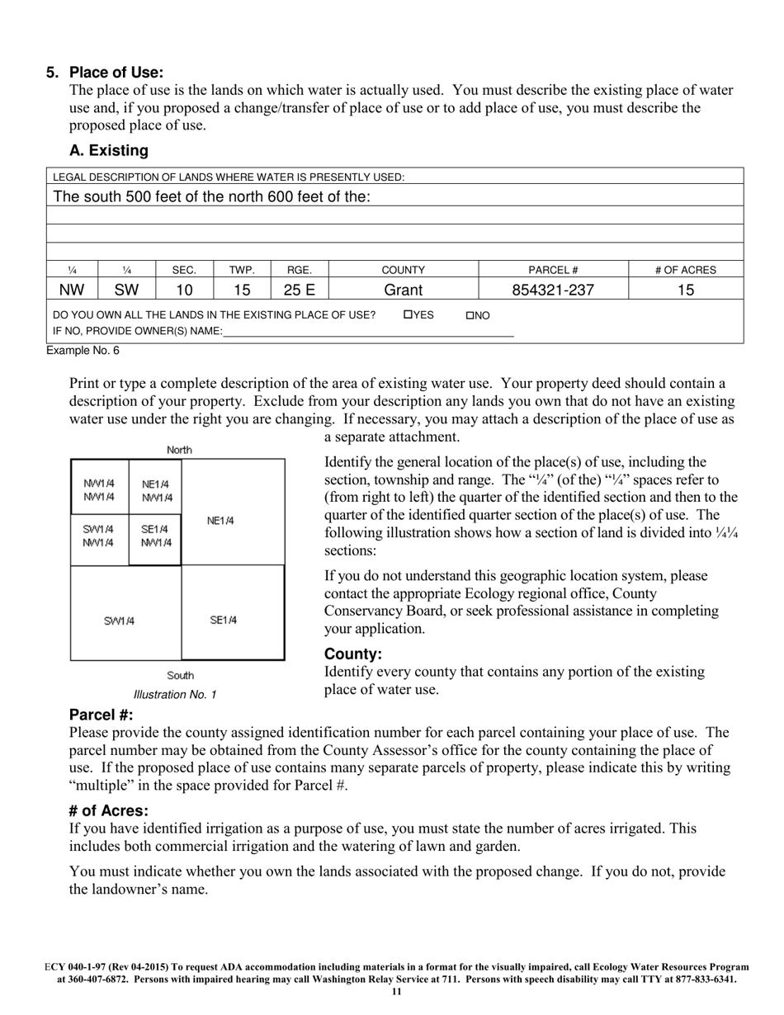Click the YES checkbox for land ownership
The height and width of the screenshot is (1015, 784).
(x=408, y=315)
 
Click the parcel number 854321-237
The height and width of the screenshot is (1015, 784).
(x=553, y=290)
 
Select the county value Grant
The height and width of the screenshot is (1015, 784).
(x=404, y=290)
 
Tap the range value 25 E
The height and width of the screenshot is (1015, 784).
(x=300, y=290)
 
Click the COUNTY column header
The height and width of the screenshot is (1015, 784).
(x=404, y=270)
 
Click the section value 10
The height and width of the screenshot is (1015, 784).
(x=184, y=290)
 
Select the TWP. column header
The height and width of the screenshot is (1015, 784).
(x=242, y=270)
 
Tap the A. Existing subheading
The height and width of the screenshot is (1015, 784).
(x=109, y=150)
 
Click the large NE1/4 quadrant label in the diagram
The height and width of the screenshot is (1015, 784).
(x=220, y=521)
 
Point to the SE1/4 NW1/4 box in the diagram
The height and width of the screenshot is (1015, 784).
(x=155, y=536)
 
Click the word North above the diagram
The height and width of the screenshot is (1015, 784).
(x=179, y=450)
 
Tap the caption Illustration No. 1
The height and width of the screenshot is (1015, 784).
(x=175, y=695)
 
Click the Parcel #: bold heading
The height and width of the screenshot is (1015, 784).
(x=101, y=715)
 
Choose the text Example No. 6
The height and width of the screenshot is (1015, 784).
(x=83, y=351)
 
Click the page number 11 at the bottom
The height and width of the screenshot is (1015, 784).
(x=396, y=992)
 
